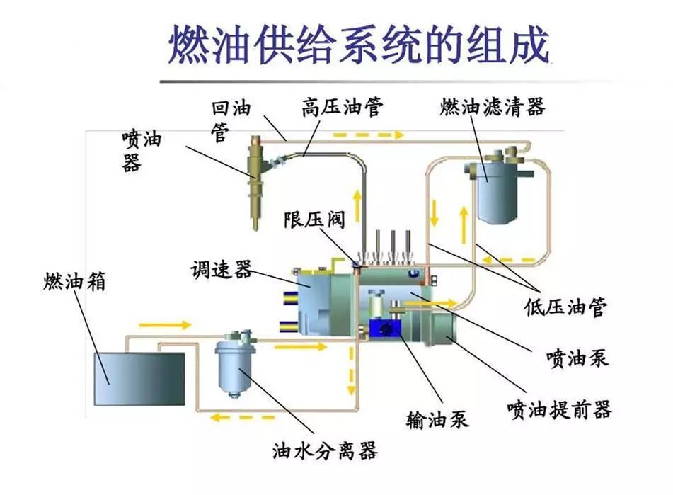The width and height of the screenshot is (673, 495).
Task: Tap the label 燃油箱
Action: (74, 282)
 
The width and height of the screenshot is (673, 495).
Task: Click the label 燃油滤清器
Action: (493, 108)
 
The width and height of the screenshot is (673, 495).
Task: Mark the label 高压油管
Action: (343, 108)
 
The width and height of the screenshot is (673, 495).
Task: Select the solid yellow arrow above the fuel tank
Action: (165, 324)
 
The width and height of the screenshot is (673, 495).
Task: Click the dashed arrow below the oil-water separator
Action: (234, 417)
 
